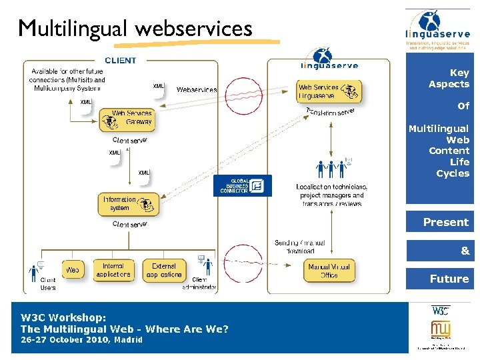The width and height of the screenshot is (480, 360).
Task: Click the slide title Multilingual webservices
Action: point(135,29)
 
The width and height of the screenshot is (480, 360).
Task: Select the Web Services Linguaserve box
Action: point(329,91)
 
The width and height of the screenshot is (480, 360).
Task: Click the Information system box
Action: point(130,203)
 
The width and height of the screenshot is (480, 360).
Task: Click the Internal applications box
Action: point(113,270)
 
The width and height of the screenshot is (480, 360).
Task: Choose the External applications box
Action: point(163,270)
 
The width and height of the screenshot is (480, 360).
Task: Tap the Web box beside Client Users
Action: point(73,270)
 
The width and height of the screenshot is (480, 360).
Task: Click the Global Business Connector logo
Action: point(242,185)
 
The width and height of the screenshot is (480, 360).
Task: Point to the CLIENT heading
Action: point(120,60)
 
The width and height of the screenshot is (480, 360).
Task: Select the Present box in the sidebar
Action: point(439,222)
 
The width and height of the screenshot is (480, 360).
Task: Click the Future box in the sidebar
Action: point(439,279)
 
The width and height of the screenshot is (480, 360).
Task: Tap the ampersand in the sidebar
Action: point(465,251)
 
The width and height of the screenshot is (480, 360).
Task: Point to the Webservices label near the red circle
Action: point(196,89)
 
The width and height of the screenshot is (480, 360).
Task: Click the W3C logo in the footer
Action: point(440,310)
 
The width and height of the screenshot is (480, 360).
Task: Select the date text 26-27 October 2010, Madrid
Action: point(81,340)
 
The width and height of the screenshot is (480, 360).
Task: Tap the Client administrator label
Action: point(199,283)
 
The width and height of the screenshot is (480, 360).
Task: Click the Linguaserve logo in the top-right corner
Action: point(437,30)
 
